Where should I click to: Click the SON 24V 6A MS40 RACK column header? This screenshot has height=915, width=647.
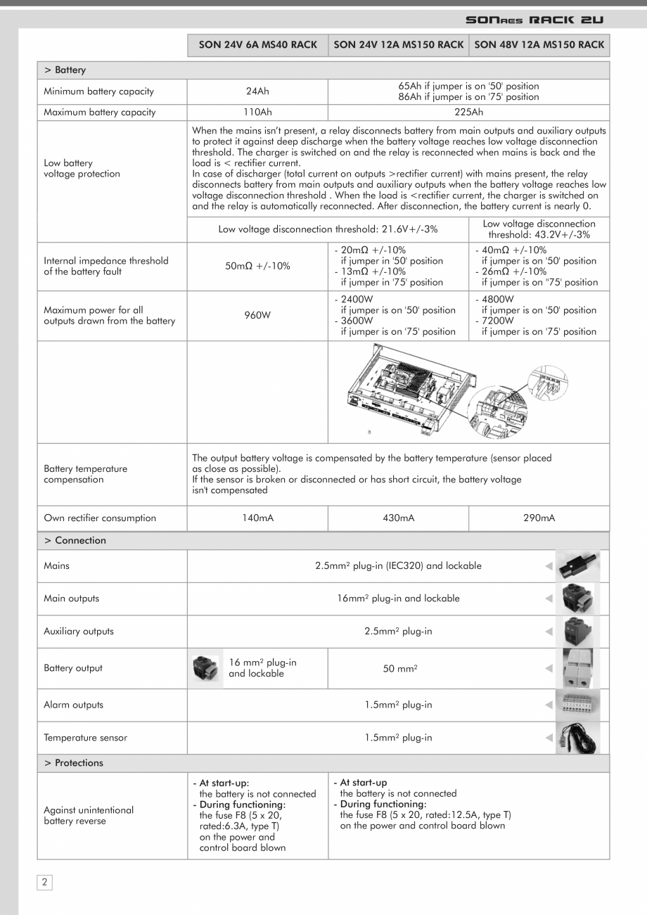(257, 44)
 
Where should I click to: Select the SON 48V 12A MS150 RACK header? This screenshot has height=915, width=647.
(539, 44)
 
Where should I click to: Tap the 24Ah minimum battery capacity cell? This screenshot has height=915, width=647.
(257, 91)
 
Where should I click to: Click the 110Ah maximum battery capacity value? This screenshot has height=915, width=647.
(257, 113)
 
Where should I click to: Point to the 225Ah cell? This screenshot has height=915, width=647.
(468, 113)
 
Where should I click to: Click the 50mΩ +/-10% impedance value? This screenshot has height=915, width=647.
(257, 266)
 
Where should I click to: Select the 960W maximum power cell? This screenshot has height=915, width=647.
(257, 315)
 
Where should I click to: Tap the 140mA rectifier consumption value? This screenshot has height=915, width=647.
(257, 518)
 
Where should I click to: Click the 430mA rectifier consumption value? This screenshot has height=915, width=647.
(398, 518)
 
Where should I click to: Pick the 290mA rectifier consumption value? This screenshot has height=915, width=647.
(539, 518)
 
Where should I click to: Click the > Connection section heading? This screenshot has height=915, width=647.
(75, 540)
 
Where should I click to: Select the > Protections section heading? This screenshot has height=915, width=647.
(74, 762)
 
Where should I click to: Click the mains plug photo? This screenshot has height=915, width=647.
(577, 565)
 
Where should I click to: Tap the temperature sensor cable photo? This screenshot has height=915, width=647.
(577, 738)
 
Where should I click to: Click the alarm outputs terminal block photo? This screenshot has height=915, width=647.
(577, 705)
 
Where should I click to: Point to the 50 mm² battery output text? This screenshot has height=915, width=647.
(399, 668)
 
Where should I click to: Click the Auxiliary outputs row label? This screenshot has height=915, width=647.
(79, 631)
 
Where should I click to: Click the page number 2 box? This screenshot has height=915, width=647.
(44, 882)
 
